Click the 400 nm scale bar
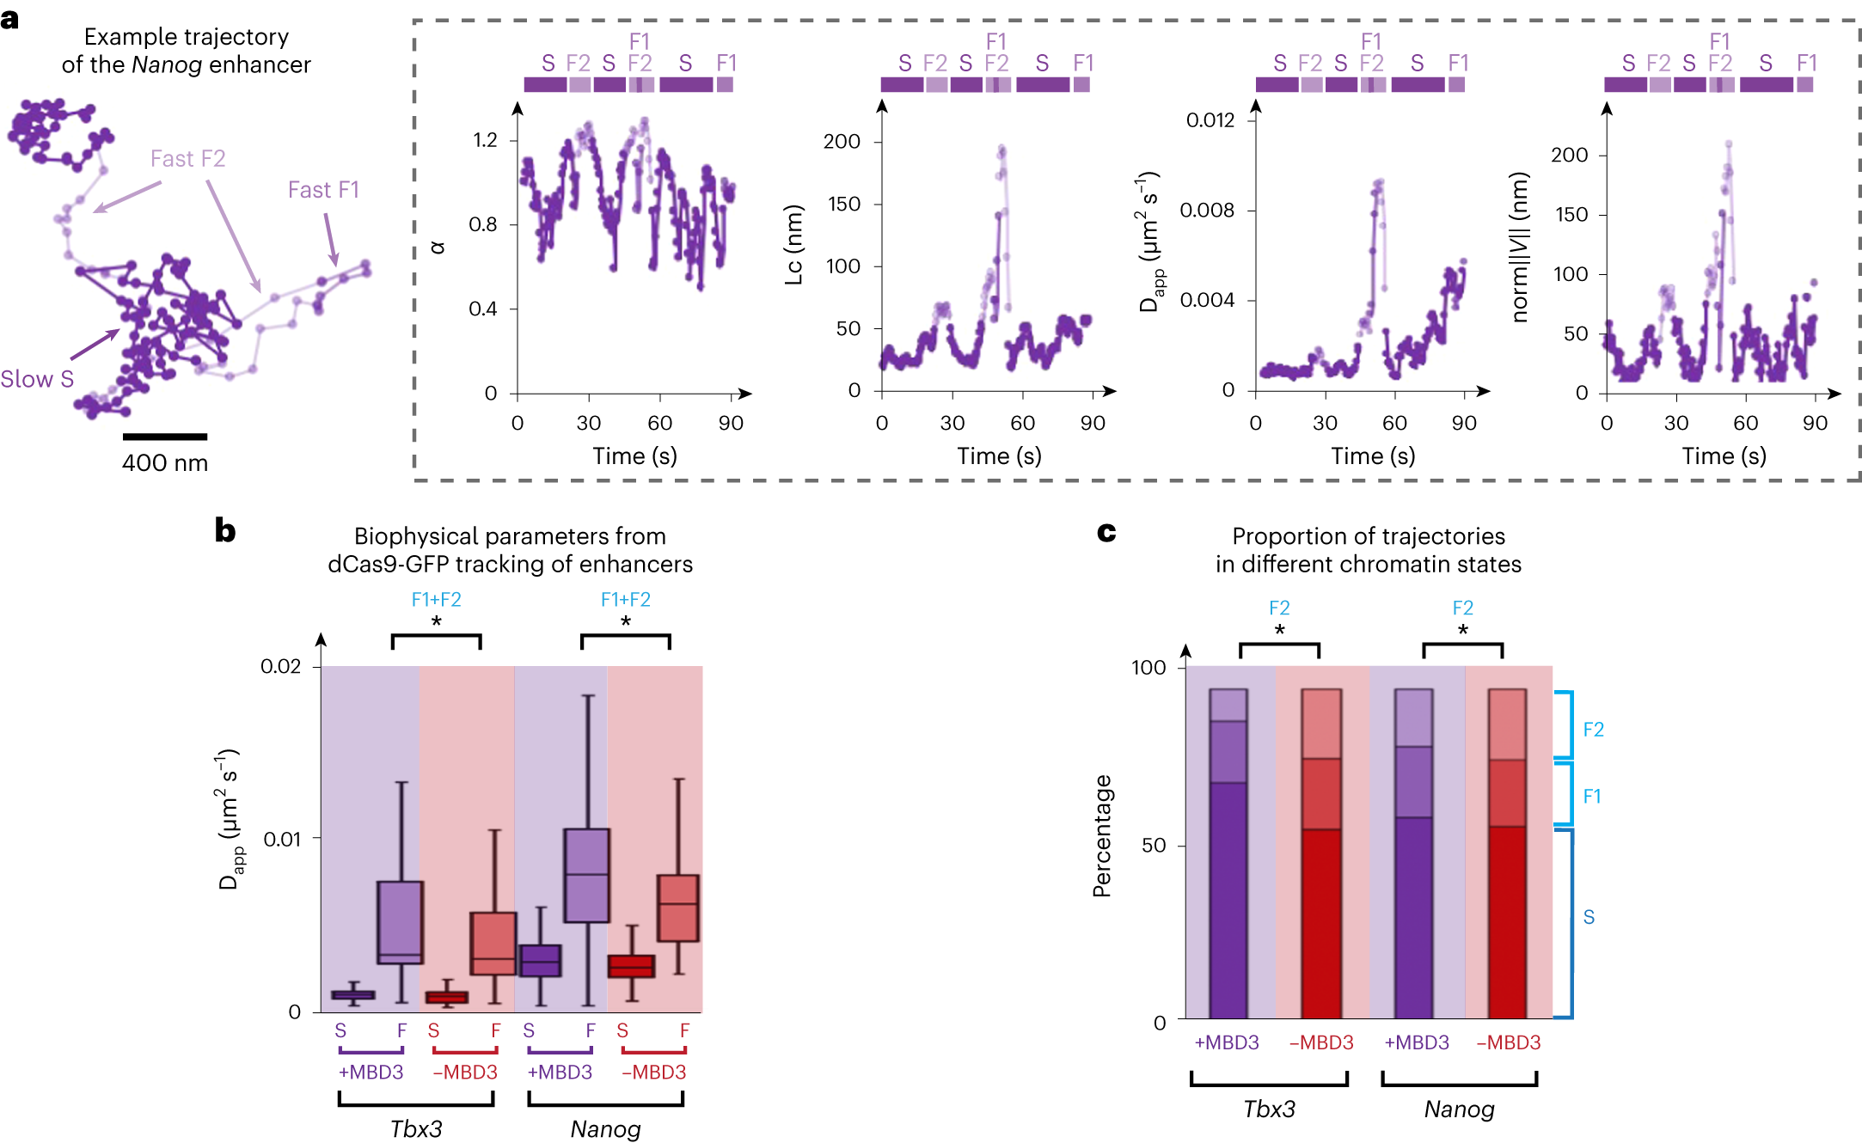[164, 437]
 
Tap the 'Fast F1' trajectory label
[323, 190]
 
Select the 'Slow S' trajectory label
[37, 379]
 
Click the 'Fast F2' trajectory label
[187, 159]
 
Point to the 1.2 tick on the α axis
[486, 140]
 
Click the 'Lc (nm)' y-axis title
[793, 245]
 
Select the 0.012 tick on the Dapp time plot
[1210, 120]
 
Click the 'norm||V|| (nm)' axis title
[1520, 248]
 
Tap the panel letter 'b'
[225, 531]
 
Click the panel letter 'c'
[1106, 533]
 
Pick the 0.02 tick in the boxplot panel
[281, 667]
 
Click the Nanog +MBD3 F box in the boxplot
[587, 875]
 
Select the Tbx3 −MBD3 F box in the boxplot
[493, 943]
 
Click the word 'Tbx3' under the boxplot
[416, 1128]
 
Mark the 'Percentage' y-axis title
[1102, 836]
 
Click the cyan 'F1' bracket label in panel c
[1592, 797]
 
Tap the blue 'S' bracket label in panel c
[1589, 918]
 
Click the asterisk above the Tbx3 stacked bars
[1279, 631]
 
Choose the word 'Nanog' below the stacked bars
[1459, 1109]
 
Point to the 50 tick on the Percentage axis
[1154, 846]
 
